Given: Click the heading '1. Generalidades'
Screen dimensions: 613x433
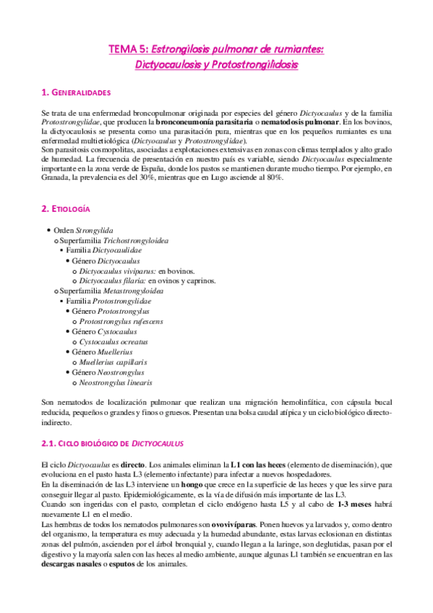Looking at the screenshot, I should tap(76, 93).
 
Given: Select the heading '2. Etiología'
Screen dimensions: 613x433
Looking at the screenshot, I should tap(65, 208).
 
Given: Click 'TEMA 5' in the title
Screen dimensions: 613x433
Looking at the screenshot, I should tap(127, 49).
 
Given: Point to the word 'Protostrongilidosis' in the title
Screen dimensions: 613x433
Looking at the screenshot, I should tap(253, 64).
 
